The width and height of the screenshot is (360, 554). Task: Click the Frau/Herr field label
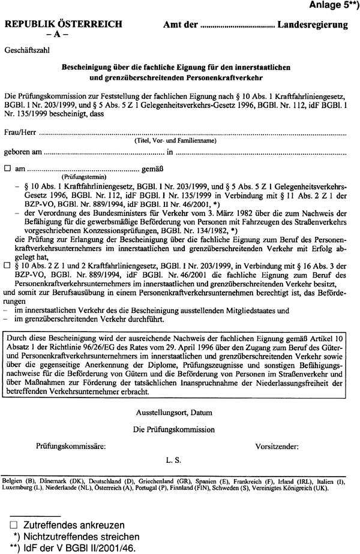coord(20,131)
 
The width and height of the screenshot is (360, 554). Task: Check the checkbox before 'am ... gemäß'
coord(8,169)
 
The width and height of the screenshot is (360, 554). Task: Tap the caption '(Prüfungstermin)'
coord(84,177)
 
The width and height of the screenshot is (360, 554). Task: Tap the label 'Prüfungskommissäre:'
coord(71,446)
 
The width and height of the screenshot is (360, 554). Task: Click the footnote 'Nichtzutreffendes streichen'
coord(78,536)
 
